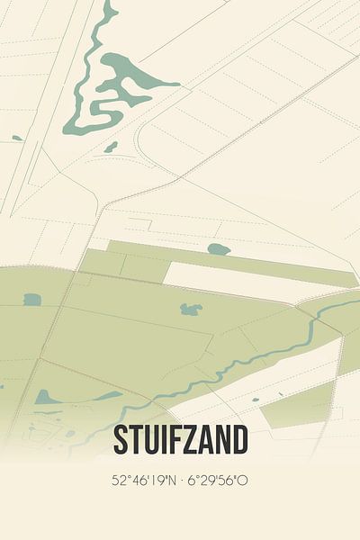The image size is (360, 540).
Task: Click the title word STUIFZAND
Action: pyautogui.click(x=180, y=441)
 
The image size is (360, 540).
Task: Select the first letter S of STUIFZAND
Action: pyautogui.click(x=121, y=441)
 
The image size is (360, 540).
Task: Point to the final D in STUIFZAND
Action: pyautogui.click(x=239, y=441)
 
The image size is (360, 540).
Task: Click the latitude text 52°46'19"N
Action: pyautogui.click(x=142, y=481)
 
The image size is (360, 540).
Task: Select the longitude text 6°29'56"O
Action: pyautogui.click(x=219, y=481)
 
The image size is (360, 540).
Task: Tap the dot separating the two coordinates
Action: pyautogui.click(x=181, y=481)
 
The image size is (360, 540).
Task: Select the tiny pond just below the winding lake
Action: pyautogui.click(x=111, y=147)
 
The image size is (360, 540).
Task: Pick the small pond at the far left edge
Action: pyautogui.click(x=17, y=138)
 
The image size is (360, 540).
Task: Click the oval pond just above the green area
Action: pyautogui.click(x=219, y=248)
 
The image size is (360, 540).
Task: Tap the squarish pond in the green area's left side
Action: pyautogui.click(x=32, y=300)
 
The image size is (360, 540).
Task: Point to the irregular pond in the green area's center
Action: pyautogui.click(x=191, y=310)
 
